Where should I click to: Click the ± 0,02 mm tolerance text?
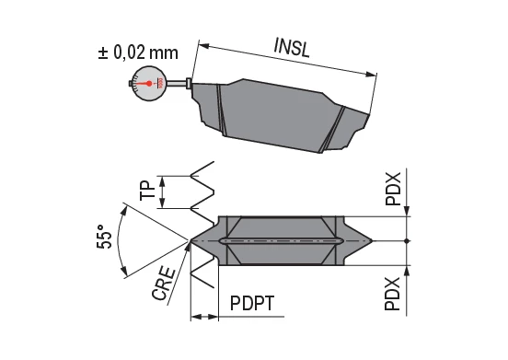pyautogui.click(x=138, y=52)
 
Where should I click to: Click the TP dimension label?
pyautogui.click(x=145, y=191)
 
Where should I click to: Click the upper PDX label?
pyautogui.click(x=393, y=189)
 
